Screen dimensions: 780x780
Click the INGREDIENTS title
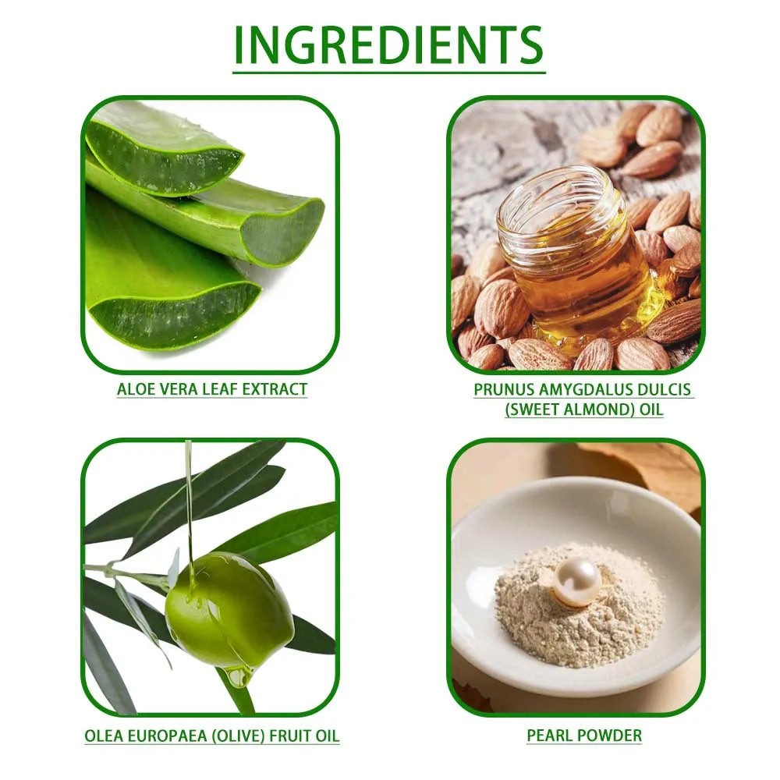tap(388, 44)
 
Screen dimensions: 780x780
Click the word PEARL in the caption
tap(550, 735)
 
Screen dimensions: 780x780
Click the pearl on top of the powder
tap(577, 581)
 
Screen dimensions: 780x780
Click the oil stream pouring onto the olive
tap(189, 507)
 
